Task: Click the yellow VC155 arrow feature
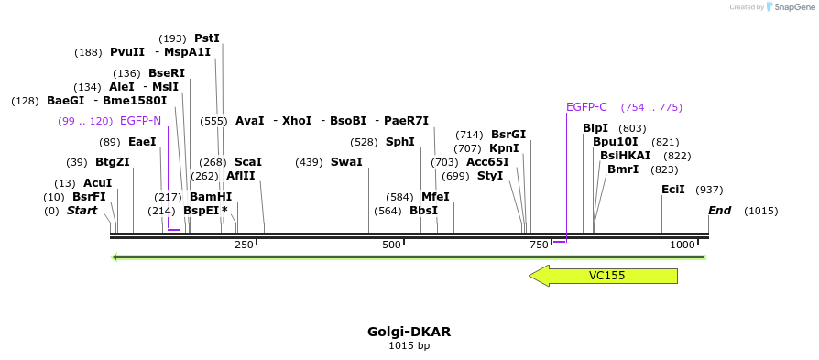click(x=606, y=276)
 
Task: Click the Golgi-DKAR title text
click(x=409, y=331)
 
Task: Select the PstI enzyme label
click(x=207, y=38)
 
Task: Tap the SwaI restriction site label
click(x=346, y=162)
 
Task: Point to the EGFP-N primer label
click(x=140, y=121)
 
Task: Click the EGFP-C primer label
click(x=586, y=107)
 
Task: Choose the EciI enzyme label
click(x=673, y=190)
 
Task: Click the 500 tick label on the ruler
click(x=391, y=245)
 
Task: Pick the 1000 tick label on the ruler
click(x=682, y=245)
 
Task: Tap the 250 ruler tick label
click(x=244, y=245)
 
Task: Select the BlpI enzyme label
click(x=595, y=128)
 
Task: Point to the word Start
click(x=82, y=211)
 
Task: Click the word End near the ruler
click(x=720, y=211)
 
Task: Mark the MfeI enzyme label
click(x=436, y=197)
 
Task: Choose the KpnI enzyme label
click(x=504, y=148)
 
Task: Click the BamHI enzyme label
click(x=211, y=197)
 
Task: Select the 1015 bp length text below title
click(x=409, y=345)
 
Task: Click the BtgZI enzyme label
click(x=113, y=162)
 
